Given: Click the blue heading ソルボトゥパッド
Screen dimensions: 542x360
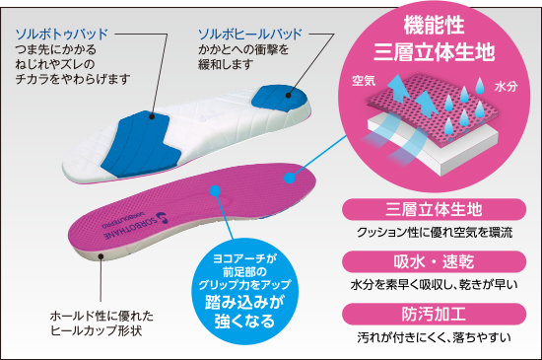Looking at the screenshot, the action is (62, 35).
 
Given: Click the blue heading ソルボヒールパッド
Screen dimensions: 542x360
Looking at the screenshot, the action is (250, 35).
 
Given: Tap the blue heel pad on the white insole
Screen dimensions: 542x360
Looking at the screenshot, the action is (280, 98).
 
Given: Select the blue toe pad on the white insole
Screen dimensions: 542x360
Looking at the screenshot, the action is (141, 144).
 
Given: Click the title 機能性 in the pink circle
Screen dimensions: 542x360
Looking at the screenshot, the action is (435, 26).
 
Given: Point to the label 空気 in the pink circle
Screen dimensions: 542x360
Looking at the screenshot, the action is (364, 81).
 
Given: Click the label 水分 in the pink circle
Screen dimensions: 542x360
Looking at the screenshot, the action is (507, 87).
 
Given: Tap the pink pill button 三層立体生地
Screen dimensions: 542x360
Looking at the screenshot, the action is (435, 209).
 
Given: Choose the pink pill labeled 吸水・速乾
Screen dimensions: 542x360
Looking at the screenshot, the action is (435, 261).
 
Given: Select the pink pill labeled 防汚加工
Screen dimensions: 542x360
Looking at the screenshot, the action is (435, 314).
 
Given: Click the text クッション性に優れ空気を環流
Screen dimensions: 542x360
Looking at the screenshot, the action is (435, 233).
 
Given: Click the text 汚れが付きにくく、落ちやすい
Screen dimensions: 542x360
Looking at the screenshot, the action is (435, 337).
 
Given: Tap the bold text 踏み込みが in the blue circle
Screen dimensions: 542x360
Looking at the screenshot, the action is (244, 302).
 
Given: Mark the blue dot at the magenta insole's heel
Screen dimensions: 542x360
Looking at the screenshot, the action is (290, 178).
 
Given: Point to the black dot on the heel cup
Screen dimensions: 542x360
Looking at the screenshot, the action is (101, 256).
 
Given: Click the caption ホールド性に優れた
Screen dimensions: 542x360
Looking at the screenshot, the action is (102, 316).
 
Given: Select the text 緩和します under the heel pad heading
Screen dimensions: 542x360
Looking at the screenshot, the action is (226, 64).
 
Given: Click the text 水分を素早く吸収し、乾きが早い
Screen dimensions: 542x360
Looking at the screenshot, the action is (435, 285).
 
